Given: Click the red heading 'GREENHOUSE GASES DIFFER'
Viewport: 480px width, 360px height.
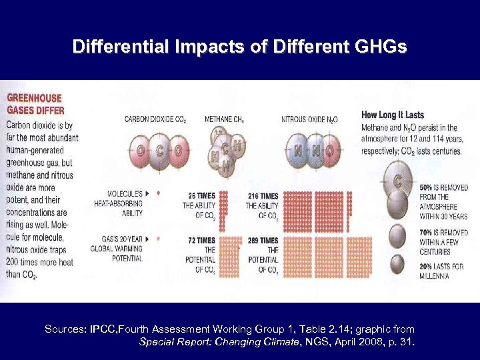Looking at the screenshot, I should tap(34, 103).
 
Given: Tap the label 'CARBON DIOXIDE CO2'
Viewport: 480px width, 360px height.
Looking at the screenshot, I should tap(155, 119).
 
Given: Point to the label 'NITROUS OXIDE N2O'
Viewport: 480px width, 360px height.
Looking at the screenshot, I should tap(309, 119).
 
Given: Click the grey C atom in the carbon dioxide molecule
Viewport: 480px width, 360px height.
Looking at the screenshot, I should tap(160, 151).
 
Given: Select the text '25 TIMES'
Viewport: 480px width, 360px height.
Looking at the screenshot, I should tap(201, 196).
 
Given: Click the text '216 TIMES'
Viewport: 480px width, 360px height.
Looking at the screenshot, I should tap(263, 196).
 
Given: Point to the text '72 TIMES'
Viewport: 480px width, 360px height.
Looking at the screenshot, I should tap(201, 240).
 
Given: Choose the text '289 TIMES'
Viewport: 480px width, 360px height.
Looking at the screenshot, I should tap(263, 240).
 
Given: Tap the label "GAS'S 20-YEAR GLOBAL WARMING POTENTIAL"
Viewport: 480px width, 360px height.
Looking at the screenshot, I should tap(117, 249).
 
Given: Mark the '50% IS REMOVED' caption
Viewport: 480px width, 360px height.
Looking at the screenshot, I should tap(443, 189).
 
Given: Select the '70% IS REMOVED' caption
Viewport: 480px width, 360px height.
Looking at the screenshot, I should tap(443, 233).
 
